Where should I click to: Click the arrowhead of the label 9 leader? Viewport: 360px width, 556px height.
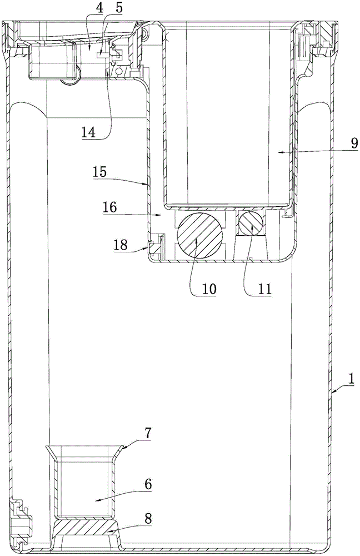point(279,150)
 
